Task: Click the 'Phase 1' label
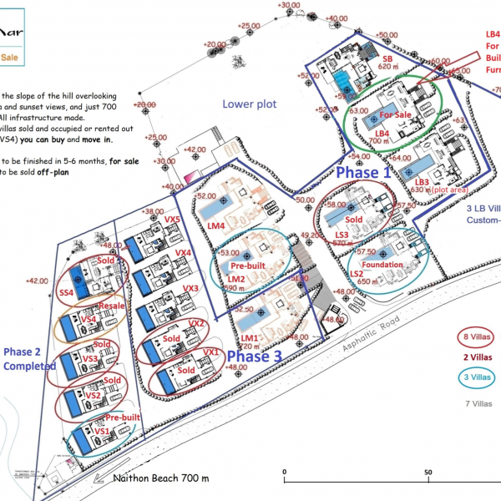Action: [362, 173]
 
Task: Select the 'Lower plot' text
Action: [248, 104]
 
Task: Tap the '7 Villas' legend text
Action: [477, 404]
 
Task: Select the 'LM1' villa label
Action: [248, 338]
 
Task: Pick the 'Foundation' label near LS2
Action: [382, 265]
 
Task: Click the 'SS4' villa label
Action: [66, 292]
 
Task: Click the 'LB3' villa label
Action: [421, 181]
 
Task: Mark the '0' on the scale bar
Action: [285, 472]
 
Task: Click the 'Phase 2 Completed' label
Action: [23, 357]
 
